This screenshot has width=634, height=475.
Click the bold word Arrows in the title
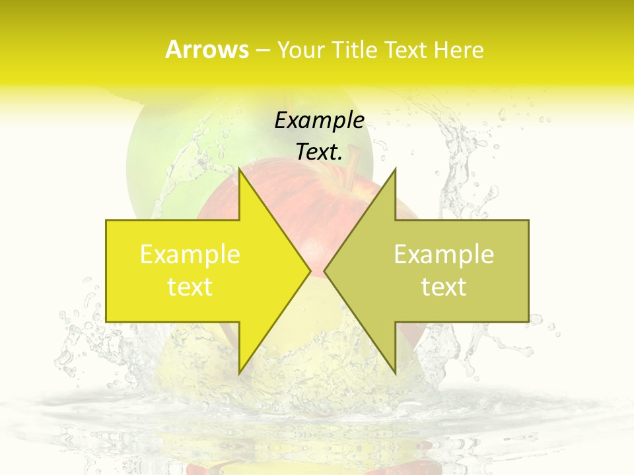(x=207, y=49)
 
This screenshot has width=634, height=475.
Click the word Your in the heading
(x=301, y=49)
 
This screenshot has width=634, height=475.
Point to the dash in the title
(x=262, y=51)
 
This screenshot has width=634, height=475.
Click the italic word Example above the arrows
(x=320, y=120)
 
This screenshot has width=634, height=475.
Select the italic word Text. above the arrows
(x=320, y=152)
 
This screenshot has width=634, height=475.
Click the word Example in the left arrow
(x=190, y=254)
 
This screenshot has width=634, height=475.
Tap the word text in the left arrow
(x=190, y=286)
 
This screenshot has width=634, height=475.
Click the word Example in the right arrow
(x=444, y=254)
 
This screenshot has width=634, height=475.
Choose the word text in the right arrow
(x=444, y=286)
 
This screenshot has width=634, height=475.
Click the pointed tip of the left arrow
(x=310, y=270)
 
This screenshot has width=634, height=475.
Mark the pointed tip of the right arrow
(x=325, y=270)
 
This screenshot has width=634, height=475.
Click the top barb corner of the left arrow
(x=240, y=169)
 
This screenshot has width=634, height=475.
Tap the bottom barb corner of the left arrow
(x=240, y=373)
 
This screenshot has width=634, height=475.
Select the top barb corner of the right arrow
(x=395, y=169)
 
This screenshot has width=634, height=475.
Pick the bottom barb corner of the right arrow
(x=395, y=373)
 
